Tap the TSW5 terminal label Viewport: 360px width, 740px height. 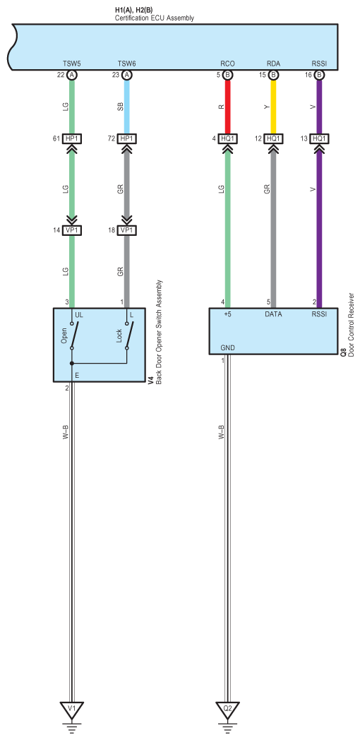72,64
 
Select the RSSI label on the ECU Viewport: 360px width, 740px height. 320,64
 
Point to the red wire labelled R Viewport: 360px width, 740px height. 227,107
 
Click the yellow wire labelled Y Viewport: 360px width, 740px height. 272,107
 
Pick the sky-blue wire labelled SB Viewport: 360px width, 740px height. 126,107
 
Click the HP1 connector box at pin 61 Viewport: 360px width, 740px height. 72,138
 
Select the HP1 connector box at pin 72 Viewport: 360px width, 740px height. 126,138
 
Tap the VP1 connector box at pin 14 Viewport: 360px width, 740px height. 72,231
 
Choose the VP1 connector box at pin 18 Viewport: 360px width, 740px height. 126,231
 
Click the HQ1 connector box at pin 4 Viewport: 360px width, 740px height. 227,138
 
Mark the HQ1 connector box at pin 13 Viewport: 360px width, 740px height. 320,138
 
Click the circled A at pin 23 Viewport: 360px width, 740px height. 126,75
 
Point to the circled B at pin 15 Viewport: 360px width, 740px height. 272,75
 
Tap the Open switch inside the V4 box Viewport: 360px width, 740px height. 73,335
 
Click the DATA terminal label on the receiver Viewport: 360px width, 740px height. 273,314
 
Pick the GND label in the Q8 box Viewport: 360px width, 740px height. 227,348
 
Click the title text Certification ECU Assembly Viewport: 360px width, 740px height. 155,18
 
